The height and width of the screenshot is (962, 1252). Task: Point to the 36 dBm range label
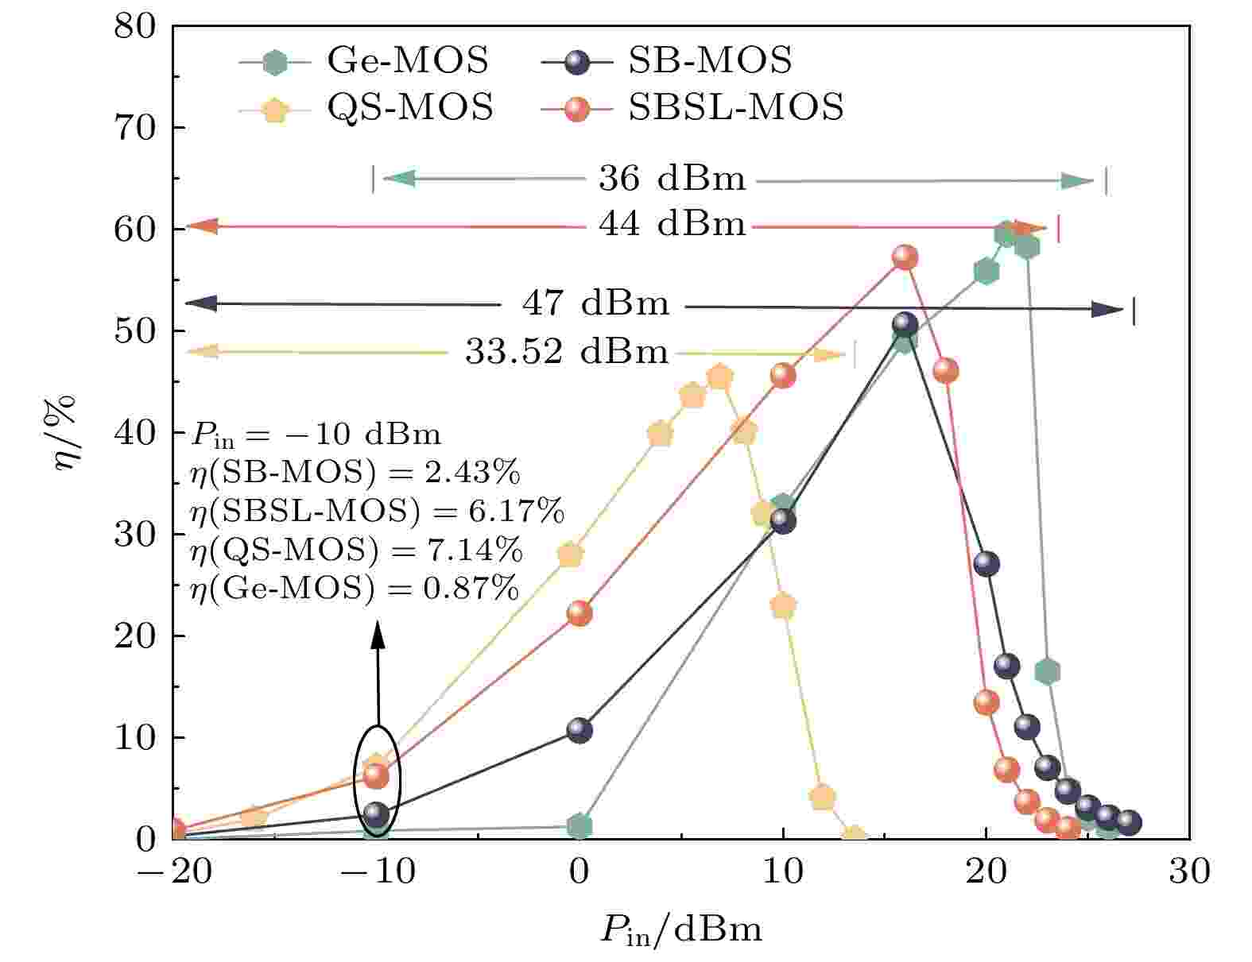(x=672, y=180)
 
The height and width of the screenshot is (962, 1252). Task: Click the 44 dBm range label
(x=672, y=226)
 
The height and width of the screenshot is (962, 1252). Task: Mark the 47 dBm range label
(x=595, y=303)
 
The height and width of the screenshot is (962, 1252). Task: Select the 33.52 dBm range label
(x=567, y=351)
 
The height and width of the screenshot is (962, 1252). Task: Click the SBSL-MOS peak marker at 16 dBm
(x=905, y=257)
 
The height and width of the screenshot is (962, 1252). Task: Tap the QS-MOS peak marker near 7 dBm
(x=720, y=377)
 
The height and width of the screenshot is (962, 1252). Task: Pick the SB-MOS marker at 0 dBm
(x=579, y=730)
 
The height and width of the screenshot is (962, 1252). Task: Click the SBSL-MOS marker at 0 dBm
(x=579, y=613)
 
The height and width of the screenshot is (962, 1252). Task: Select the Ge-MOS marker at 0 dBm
(x=579, y=826)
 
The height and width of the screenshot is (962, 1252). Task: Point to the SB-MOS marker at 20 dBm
(x=986, y=564)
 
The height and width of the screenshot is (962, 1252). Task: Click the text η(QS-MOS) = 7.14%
(x=356, y=550)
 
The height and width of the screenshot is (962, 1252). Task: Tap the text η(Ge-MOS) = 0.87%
(x=355, y=589)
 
